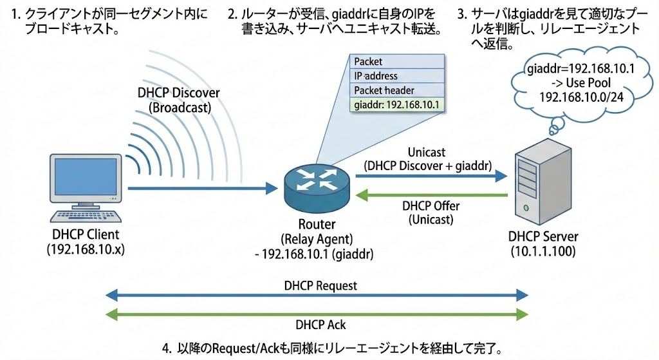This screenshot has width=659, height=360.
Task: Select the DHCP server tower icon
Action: [543, 182]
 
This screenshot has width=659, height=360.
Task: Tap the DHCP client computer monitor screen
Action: [86, 176]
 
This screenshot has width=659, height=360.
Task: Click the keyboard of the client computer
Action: [86, 216]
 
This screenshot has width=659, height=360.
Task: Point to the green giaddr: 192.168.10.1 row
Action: [396, 105]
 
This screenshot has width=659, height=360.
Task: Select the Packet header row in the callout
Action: [396, 90]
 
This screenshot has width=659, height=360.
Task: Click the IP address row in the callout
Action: [396, 76]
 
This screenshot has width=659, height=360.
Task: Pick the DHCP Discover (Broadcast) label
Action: [179, 100]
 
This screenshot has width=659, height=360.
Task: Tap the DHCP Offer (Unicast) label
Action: [431, 213]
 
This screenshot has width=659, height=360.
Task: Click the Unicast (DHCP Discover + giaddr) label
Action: [427, 159]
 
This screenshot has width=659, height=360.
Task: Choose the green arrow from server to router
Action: [432, 195]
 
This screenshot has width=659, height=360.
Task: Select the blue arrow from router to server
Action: [432, 176]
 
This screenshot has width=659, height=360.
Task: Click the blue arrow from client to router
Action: [203, 188]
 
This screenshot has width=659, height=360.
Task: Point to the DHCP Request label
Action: [320, 286]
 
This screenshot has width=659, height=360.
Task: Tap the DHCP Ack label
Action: [320, 325]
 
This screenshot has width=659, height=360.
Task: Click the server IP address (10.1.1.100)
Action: [543, 252]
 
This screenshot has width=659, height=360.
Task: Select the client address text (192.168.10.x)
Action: [86, 249]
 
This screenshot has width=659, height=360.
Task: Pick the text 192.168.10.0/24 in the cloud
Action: [582, 97]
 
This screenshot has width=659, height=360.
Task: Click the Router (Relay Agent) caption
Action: [317, 231]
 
